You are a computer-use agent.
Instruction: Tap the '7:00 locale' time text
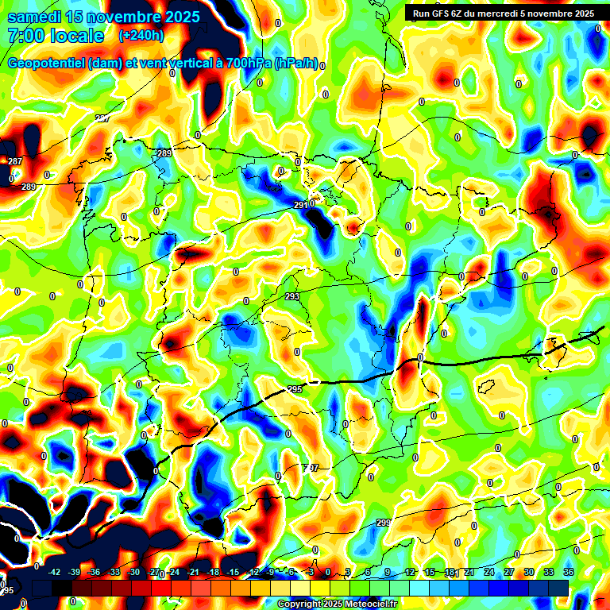(x=56, y=36)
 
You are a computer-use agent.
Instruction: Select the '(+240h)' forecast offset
(x=141, y=35)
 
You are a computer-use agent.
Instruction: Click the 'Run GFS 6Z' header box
(x=500, y=13)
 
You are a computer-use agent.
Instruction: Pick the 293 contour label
(x=292, y=296)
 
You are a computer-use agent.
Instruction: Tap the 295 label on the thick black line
(x=295, y=389)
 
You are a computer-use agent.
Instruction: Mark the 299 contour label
(x=383, y=522)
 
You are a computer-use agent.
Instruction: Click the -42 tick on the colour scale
(x=56, y=572)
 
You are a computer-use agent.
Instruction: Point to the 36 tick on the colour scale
(x=569, y=572)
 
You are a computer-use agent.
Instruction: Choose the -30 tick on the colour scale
(x=133, y=572)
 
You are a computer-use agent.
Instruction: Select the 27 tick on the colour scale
(x=508, y=572)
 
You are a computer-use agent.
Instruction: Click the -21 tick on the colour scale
(x=192, y=572)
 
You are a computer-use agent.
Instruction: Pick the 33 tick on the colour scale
(x=549, y=572)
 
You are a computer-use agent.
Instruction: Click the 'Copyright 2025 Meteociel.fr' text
(x=337, y=604)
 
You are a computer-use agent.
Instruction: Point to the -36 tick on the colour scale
(x=95, y=572)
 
